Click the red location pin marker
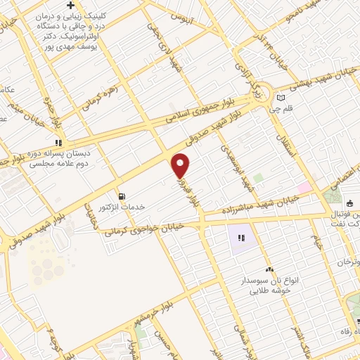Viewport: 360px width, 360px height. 181,165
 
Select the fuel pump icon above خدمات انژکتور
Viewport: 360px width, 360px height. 123,195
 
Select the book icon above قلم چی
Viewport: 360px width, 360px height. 281,98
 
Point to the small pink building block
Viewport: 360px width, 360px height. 304,188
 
